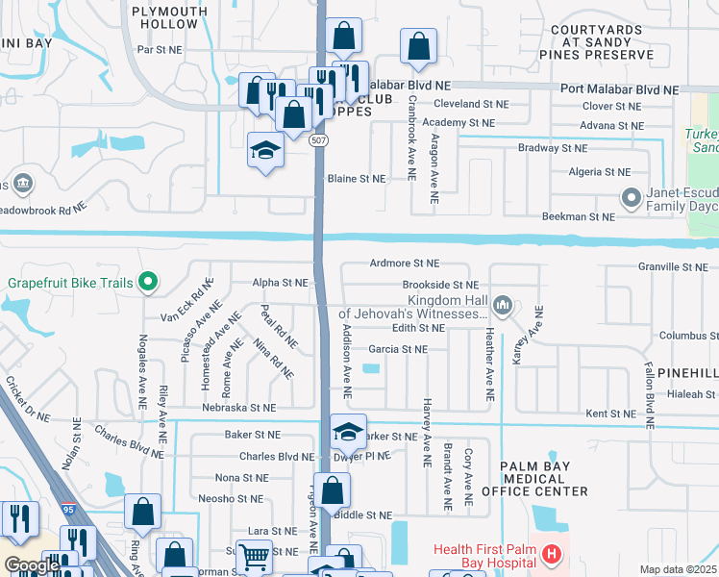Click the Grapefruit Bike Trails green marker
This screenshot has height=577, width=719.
click(147, 282)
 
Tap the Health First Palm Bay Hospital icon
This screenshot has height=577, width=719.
click(551, 554)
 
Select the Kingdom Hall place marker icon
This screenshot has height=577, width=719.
click(502, 307)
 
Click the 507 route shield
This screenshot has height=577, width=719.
click(317, 140)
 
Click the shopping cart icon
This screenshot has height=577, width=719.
click(254, 556)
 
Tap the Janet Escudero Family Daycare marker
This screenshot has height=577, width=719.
click(632, 199)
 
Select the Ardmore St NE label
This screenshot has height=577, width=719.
click(404, 263)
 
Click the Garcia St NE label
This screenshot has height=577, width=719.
click(397, 349)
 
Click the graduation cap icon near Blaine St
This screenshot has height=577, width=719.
click(266, 149)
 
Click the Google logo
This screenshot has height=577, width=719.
click(32, 565)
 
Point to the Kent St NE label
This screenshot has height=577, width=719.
click(611, 413)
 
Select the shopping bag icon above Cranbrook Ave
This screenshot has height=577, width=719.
click(419, 45)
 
